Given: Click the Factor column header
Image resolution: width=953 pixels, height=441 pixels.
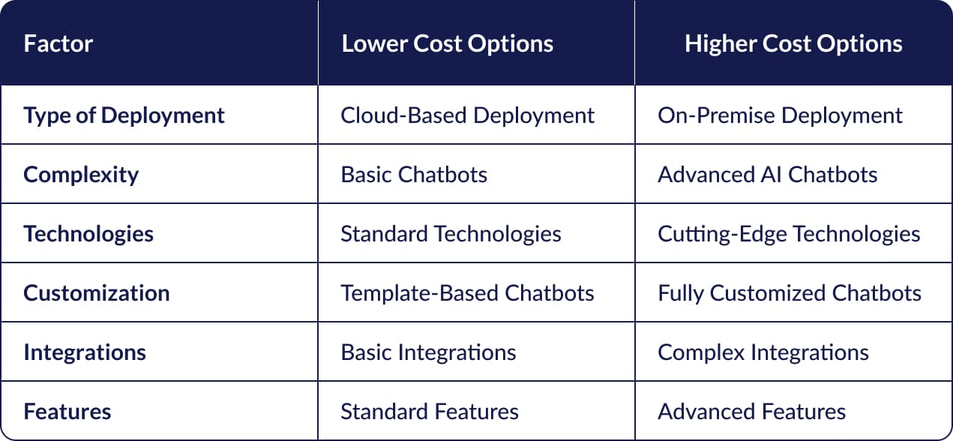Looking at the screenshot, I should tap(58, 43).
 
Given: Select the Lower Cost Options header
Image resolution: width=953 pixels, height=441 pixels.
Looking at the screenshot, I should tap(448, 43).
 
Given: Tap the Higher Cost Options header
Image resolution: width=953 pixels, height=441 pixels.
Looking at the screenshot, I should tap(793, 43).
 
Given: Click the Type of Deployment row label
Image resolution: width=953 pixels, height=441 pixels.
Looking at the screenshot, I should tap(124, 115).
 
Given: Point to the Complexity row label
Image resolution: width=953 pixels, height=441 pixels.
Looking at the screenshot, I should tap(81, 175).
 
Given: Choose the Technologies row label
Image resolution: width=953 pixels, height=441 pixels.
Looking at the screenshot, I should tap(88, 234).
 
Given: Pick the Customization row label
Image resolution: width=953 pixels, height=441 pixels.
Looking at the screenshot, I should tap(97, 292).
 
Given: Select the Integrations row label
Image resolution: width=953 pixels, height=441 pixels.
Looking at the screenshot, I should tap(85, 352).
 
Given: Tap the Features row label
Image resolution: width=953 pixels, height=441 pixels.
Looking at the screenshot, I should tap(67, 412).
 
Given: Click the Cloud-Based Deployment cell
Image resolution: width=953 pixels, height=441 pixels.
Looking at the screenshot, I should tap(467, 115).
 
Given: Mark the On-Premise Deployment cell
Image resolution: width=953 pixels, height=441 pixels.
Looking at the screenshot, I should tap(780, 115).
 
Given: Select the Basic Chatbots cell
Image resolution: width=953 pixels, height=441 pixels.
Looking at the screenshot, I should tap(414, 175).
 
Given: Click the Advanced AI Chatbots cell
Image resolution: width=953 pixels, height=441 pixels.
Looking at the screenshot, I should tap(767, 175).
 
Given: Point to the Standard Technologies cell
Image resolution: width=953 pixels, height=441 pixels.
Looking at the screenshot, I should tap(451, 234).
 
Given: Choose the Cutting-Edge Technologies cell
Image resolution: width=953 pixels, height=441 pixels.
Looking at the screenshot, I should tap(789, 234).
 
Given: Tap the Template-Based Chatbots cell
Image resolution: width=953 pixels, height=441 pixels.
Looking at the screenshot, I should tap(467, 292).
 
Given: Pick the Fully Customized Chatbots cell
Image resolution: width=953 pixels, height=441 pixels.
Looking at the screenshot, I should tap(790, 292).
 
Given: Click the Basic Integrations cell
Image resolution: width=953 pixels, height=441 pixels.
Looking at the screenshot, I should tap(428, 352).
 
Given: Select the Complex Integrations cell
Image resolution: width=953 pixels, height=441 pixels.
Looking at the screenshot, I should tap(763, 352).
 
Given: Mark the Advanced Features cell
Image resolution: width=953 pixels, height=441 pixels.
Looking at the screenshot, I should tap(751, 412).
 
